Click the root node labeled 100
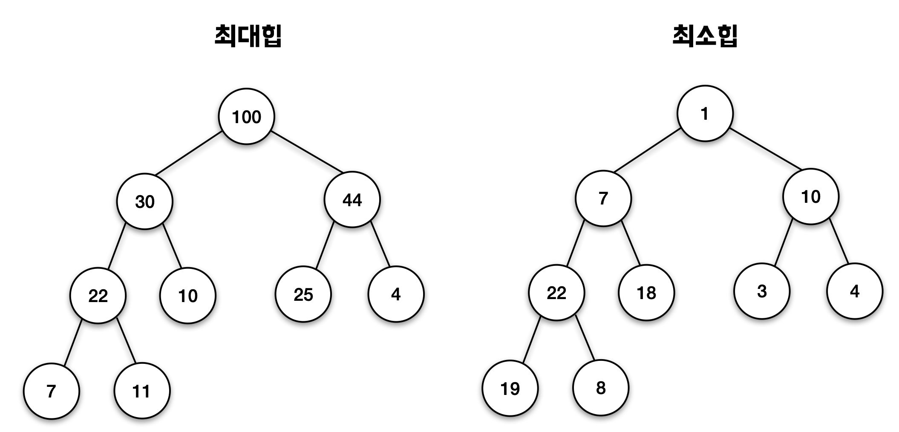(246, 116)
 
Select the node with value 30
(145, 201)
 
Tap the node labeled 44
(352, 199)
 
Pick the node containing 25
(303, 294)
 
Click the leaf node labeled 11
(142, 391)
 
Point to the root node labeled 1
(705, 114)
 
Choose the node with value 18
(646, 293)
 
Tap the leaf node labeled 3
(762, 291)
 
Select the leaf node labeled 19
(510, 388)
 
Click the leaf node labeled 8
(601, 388)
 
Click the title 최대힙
(248, 36)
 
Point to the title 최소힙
(705, 36)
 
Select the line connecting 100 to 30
(188, 153)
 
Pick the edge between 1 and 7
(647, 150)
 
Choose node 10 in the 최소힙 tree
(810, 197)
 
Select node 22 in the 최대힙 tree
(98, 296)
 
